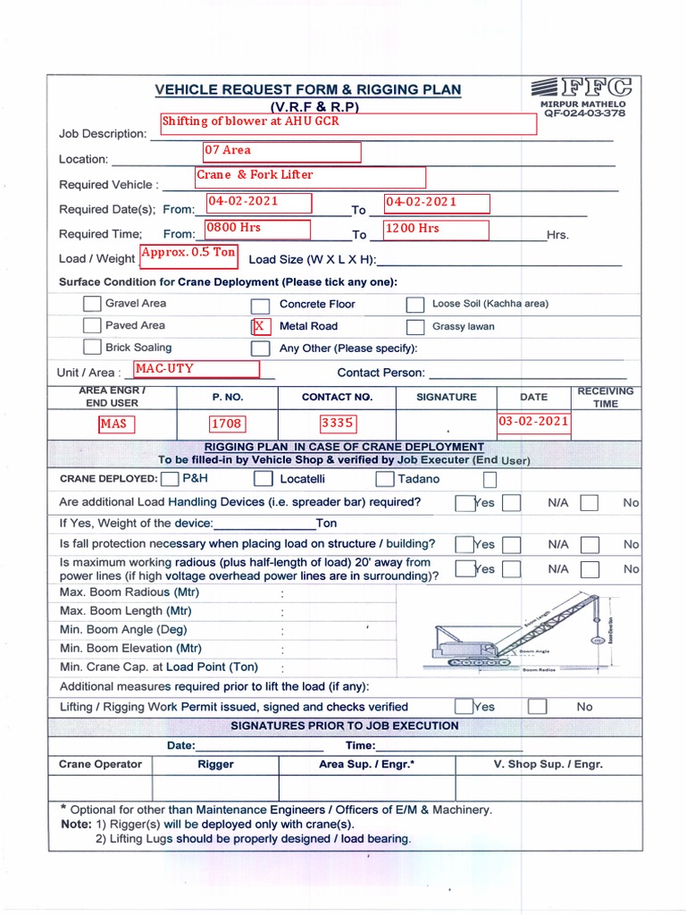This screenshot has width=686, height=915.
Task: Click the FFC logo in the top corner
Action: coord(581,88)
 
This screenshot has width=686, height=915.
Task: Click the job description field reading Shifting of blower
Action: coord(347,123)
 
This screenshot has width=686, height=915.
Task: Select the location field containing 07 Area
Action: coord(281,151)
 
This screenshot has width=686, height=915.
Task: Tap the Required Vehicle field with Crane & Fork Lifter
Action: coord(310,176)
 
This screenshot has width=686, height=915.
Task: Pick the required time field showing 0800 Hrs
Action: coord(257,229)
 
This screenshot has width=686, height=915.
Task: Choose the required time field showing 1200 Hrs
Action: coord(436,229)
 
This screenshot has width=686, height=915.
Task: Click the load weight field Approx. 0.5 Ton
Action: coord(188,254)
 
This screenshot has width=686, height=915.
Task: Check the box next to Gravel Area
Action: coord(92,304)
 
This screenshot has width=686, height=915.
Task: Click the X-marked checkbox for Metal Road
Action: coord(260,326)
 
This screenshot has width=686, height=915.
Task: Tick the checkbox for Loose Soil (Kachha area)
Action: coord(415,305)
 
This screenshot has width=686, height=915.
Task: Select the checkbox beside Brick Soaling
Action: coord(92,348)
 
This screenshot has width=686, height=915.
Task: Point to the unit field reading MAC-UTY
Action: coord(196,369)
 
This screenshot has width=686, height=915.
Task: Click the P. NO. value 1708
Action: coord(227,423)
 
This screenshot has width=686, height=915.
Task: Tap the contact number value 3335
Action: coord(338,423)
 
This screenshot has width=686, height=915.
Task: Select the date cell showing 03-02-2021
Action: coord(533,421)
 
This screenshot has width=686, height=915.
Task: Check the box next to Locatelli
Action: coord(263,479)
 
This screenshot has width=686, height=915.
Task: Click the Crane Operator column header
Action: coord(100,764)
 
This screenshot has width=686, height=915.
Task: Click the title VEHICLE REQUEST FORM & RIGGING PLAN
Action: coord(308,89)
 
